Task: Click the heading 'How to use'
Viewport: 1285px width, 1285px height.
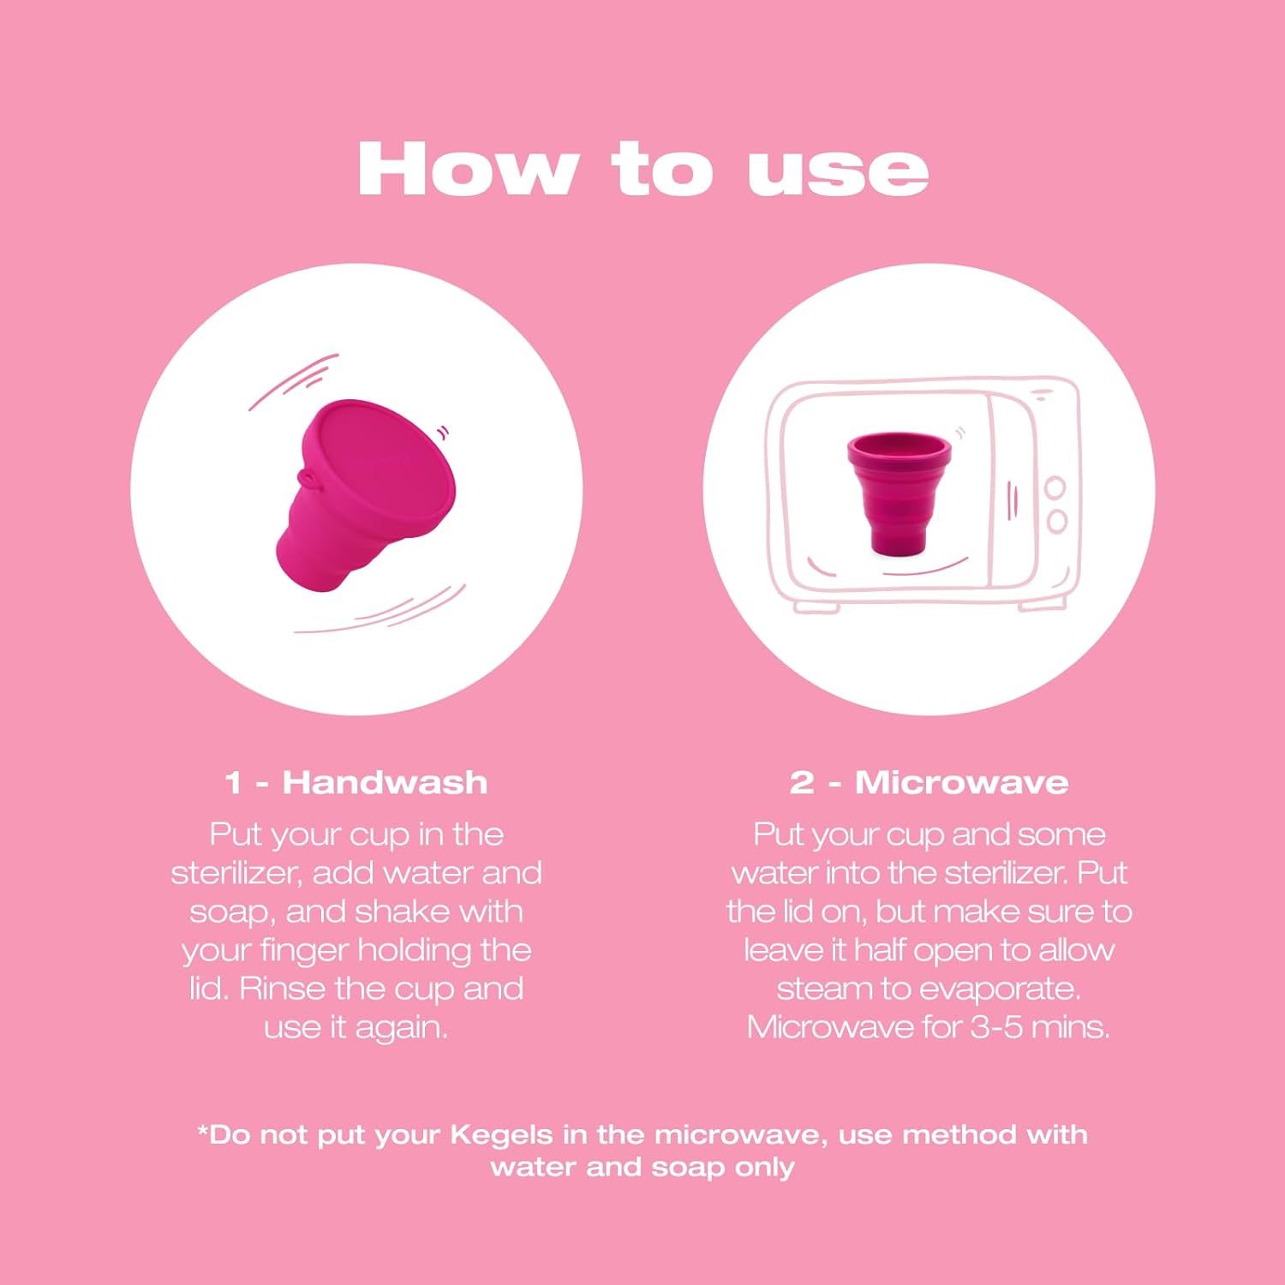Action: coord(642,170)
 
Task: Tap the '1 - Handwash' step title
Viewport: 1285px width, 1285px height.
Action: coord(356,782)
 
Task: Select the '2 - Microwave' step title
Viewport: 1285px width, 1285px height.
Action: coord(929,782)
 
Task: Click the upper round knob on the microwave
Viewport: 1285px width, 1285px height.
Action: coord(1055,487)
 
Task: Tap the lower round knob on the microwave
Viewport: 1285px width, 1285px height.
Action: coord(1057,521)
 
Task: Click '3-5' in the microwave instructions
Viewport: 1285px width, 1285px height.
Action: coord(996,1026)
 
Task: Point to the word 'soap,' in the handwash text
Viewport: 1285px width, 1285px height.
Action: coord(232,911)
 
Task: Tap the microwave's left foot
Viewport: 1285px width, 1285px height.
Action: coord(816,607)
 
